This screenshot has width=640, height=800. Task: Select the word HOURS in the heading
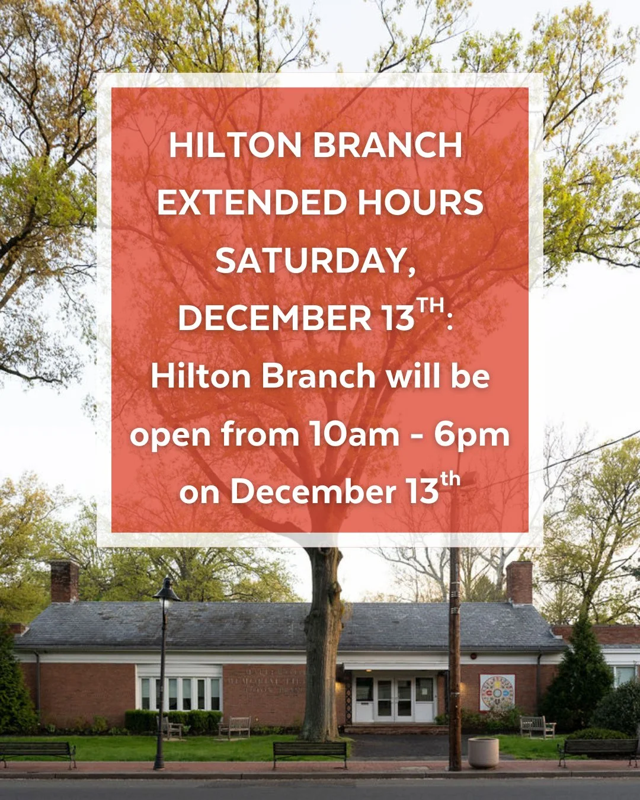click(x=420, y=203)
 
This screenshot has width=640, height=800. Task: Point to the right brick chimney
click(x=519, y=582)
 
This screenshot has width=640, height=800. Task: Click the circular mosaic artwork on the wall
click(x=497, y=692)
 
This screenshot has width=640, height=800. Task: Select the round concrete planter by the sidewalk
click(x=483, y=753)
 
